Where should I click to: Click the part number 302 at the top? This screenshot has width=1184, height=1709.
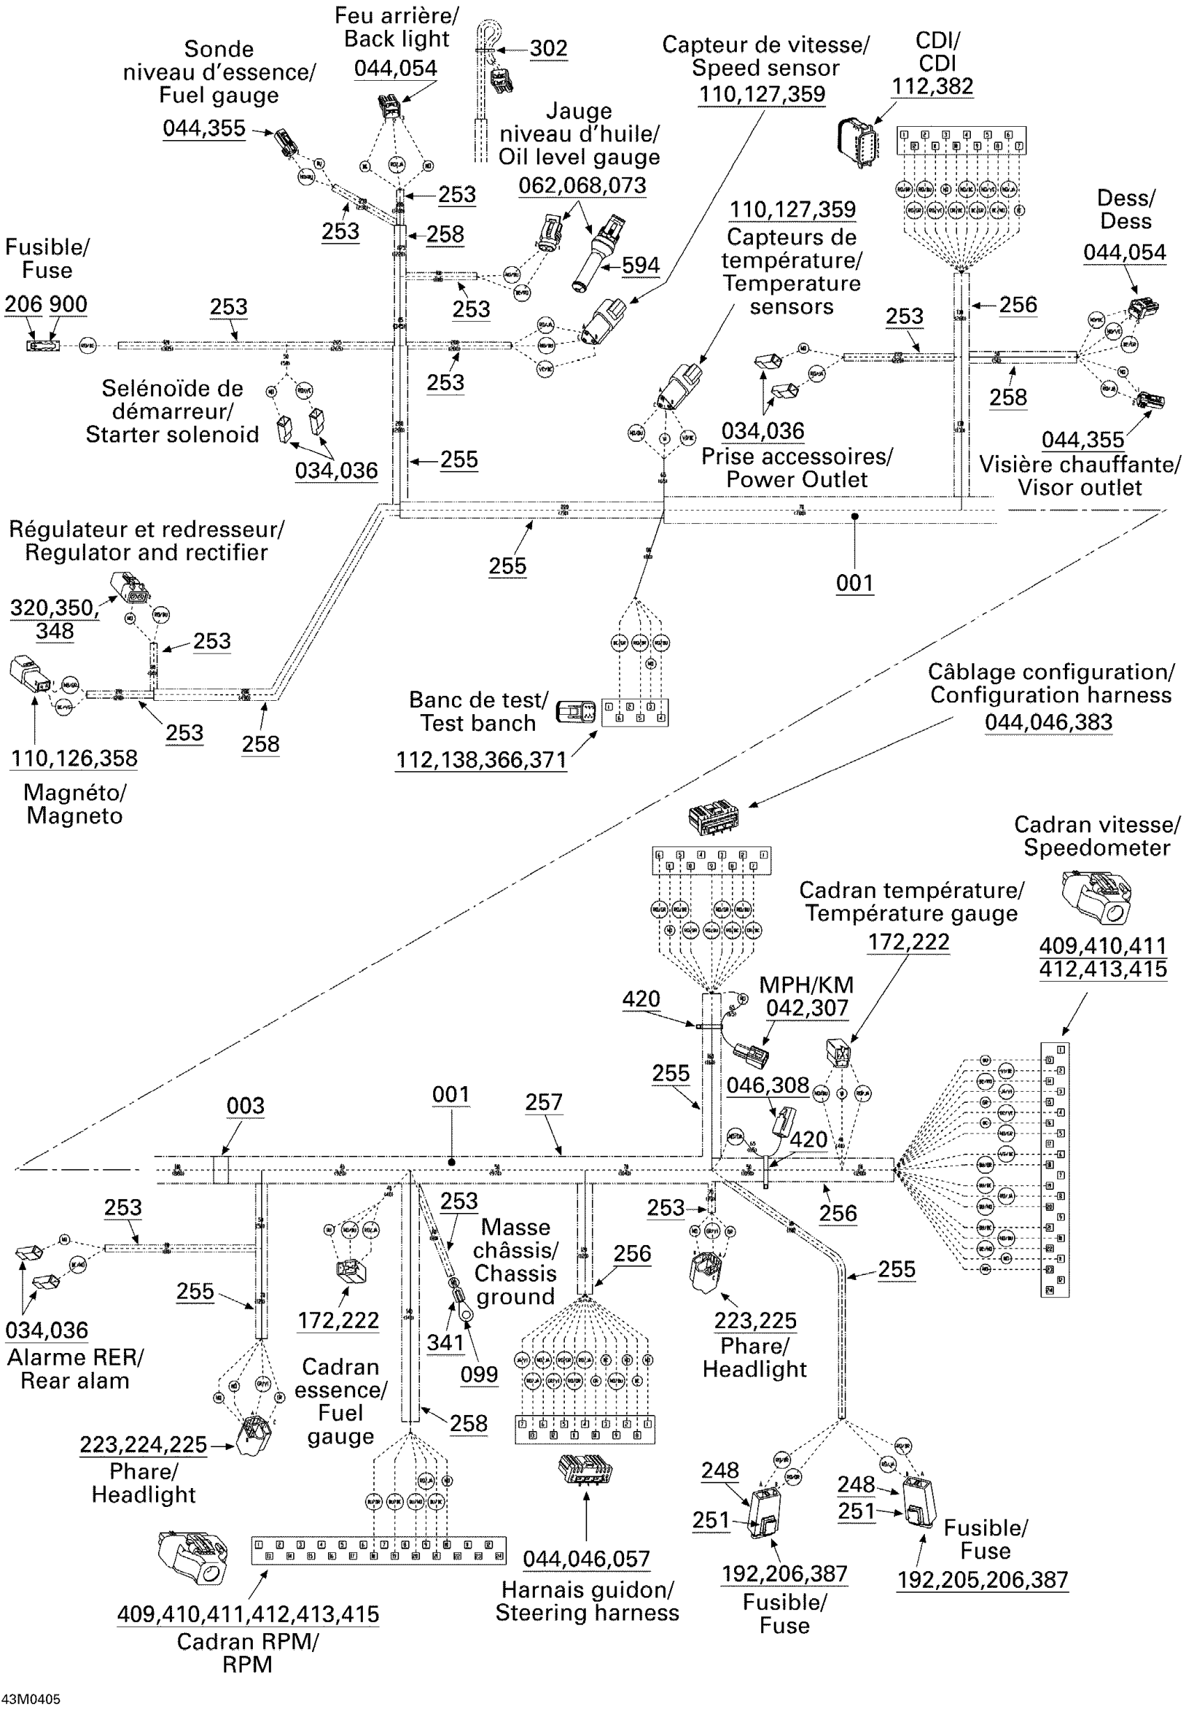point(548,48)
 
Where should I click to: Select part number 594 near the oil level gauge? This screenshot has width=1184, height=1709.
point(640,265)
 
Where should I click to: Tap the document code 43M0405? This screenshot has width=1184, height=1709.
point(31,1699)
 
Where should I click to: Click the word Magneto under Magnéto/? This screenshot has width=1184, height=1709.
point(75,816)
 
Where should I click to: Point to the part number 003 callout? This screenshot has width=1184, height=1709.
point(246,1106)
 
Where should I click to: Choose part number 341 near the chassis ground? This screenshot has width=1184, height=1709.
point(445,1343)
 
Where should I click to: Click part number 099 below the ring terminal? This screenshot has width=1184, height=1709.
point(478,1375)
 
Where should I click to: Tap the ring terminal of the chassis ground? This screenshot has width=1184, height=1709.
point(466,1314)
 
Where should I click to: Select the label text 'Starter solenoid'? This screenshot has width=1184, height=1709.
point(172,434)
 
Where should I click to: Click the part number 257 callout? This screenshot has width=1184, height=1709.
point(544,1102)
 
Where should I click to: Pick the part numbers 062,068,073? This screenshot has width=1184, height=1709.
point(582,185)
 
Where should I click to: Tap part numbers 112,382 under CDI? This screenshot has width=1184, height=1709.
point(932,86)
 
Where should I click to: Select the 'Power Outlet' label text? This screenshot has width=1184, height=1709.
point(796,479)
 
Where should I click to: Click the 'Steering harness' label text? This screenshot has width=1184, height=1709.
point(587,1613)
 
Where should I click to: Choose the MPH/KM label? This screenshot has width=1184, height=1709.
point(807,984)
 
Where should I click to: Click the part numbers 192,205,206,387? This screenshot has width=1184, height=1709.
point(982,1580)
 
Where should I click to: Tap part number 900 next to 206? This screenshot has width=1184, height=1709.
point(68,304)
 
